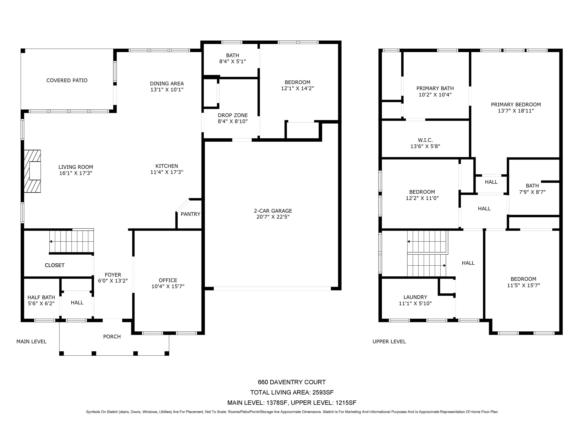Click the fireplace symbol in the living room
point(32,171)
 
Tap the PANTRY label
point(190,214)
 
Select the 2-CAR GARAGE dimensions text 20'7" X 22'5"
point(273,217)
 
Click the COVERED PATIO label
point(67,80)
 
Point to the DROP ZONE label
point(233,115)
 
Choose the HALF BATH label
point(41,297)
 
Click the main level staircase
point(71,241)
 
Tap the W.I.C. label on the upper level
point(425,140)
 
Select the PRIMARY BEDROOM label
point(516,105)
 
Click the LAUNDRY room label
point(415,297)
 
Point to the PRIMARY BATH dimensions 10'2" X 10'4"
point(435,95)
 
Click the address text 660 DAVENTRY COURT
point(292,382)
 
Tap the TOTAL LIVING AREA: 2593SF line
point(292,392)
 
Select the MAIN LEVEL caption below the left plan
point(31,342)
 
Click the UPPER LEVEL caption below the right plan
point(389,342)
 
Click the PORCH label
point(112,337)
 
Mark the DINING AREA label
point(167,84)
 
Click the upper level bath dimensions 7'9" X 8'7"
point(532,192)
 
